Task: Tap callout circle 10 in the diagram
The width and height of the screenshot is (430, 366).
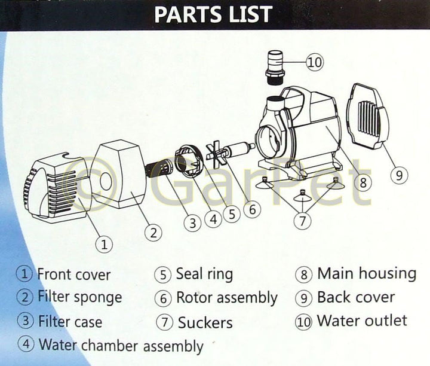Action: point(315,62)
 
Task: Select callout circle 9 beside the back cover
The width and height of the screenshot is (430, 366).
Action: point(399,175)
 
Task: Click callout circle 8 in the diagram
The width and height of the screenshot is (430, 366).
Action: point(363,182)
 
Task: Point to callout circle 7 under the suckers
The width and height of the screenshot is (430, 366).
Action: point(302,221)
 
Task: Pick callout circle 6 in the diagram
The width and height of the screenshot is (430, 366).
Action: point(252,209)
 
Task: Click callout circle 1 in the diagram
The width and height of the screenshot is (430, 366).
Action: point(104,244)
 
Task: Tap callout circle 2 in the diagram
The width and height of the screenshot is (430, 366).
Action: point(153,233)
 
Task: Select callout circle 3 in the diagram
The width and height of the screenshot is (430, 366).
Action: point(192,222)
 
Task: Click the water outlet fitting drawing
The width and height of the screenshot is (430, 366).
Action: point(275,68)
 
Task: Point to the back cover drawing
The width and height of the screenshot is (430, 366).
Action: point(367,117)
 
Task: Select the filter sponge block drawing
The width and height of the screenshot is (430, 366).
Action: point(119,174)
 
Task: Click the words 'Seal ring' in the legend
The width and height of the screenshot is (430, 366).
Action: point(204,274)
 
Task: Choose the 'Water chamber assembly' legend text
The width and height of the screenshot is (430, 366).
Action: point(121,346)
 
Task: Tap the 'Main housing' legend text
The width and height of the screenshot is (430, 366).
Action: point(367,273)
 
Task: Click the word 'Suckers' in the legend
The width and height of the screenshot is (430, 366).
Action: point(205,322)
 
